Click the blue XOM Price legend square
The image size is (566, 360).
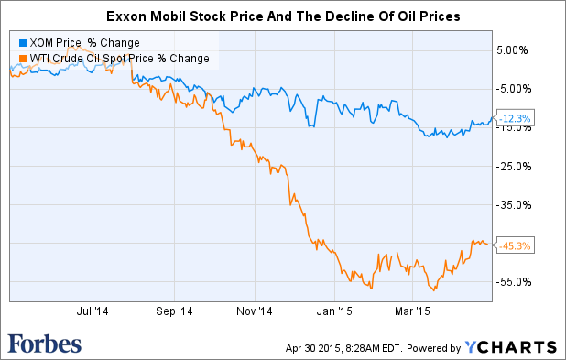(x=23, y=43)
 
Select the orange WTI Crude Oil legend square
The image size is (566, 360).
(x=23, y=59)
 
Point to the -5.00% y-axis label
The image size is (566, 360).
(x=512, y=88)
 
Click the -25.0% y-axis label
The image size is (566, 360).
(x=512, y=166)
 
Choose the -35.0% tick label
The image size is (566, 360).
(x=512, y=205)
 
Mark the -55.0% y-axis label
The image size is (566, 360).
(x=512, y=282)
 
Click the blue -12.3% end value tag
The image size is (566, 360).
(x=514, y=119)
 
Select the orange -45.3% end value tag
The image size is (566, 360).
(x=514, y=245)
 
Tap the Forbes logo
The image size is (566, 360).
(x=45, y=344)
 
